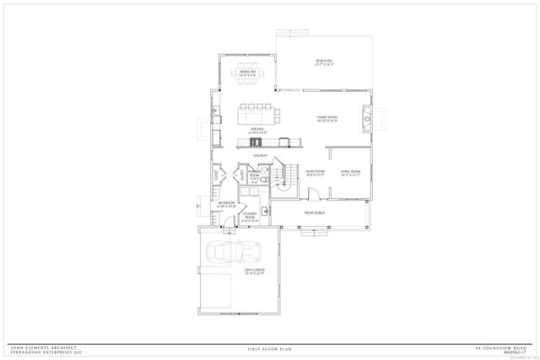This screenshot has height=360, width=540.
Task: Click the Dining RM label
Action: (x=246, y=73)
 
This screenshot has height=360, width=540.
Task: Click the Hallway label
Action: (x=262, y=154)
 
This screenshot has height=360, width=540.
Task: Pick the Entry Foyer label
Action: (x=315, y=174)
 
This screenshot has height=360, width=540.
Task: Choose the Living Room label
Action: (x=350, y=174)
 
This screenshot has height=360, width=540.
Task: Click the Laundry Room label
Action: (x=250, y=217)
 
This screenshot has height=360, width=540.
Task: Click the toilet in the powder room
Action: (x=262, y=180)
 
